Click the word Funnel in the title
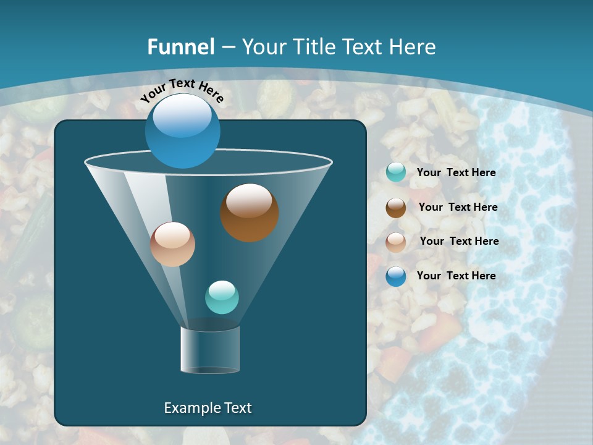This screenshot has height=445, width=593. pyautogui.click(x=181, y=47)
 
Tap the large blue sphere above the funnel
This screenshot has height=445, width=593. pyautogui.click(x=183, y=130)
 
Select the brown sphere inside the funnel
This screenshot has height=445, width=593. pyautogui.click(x=250, y=212)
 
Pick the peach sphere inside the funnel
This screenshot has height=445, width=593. pyautogui.click(x=173, y=244)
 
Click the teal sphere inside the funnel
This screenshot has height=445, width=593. pyautogui.click(x=222, y=297)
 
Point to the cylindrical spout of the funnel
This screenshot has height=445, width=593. pyautogui.click(x=210, y=350)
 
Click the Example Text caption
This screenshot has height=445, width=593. pyautogui.click(x=208, y=408)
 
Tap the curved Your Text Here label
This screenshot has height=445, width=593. pyautogui.click(x=182, y=90)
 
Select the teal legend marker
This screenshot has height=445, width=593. pyautogui.click(x=396, y=172)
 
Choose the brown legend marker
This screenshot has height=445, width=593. pyautogui.click(x=396, y=208)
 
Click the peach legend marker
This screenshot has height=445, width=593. pyautogui.click(x=396, y=242)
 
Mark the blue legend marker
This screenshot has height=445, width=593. pyautogui.click(x=396, y=276)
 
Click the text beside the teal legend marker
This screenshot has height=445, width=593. pyautogui.click(x=456, y=173)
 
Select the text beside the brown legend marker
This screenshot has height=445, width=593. pyautogui.click(x=458, y=208)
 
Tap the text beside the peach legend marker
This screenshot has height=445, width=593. pyautogui.click(x=459, y=242)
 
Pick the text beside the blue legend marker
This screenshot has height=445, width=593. pyautogui.click(x=456, y=276)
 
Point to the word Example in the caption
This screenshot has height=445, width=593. pyautogui.click(x=191, y=408)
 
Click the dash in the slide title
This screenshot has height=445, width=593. pyautogui.click(x=228, y=48)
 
